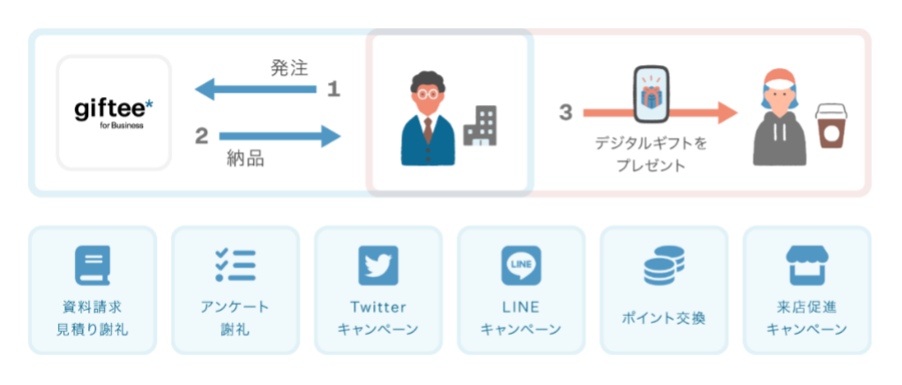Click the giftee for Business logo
click(x=114, y=112)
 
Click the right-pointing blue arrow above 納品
click(x=279, y=136)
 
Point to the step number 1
click(x=333, y=88)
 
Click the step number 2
click(x=201, y=136)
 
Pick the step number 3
click(x=565, y=112)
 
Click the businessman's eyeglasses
click(x=427, y=94)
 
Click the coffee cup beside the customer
click(x=830, y=129)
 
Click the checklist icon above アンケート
click(x=235, y=265)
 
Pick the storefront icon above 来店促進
click(x=807, y=265)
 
